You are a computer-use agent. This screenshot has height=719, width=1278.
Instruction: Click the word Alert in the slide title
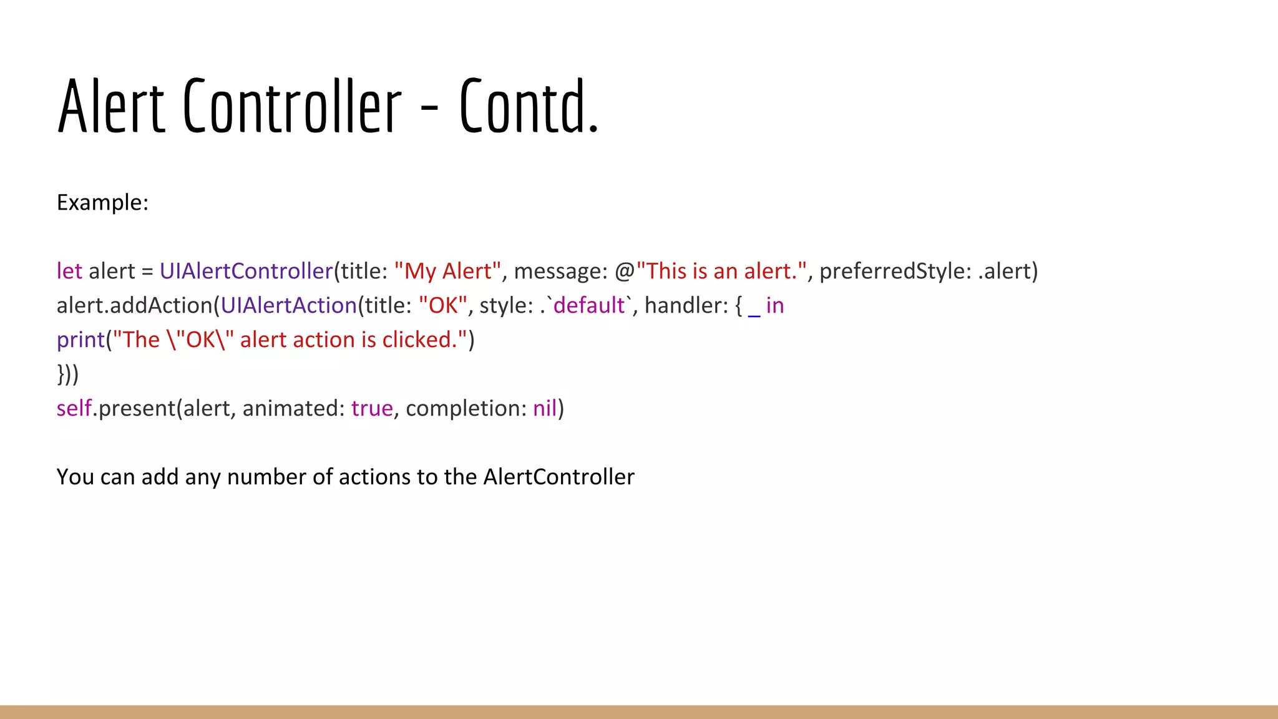tap(111, 106)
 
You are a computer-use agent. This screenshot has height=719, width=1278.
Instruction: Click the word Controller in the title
tap(292, 106)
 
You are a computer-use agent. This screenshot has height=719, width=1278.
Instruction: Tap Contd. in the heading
tap(529, 106)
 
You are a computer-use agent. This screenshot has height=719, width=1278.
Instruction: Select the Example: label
tap(102, 203)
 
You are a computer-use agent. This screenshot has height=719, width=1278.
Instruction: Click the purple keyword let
tap(69, 271)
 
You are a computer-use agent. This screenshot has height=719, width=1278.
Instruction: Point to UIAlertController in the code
tap(246, 271)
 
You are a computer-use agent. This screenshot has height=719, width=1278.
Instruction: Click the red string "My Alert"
tap(447, 271)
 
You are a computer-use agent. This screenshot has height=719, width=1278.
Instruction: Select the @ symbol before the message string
tap(625, 271)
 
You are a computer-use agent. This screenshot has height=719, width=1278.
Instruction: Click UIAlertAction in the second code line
tap(288, 306)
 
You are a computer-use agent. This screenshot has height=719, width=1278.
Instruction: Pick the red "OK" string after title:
tap(443, 306)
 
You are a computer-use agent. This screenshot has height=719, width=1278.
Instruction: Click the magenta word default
tap(589, 306)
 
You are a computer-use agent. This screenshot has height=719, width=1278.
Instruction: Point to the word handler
tap(686, 306)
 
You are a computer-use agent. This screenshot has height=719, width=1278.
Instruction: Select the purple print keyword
tap(80, 340)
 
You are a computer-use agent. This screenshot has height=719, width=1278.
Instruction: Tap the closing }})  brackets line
tap(68, 374)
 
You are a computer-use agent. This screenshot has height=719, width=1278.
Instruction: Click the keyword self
tap(74, 409)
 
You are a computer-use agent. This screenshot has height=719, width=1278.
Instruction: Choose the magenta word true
tap(372, 409)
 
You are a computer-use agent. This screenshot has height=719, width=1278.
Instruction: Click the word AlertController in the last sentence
tap(559, 477)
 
